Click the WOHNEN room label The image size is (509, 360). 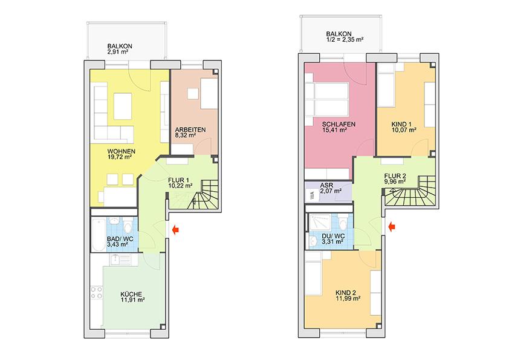click(x=122, y=151)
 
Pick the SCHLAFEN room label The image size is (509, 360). click(x=338, y=125)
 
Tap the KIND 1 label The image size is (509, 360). click(x=401, y=125)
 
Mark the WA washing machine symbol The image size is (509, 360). click(x=311, y=195)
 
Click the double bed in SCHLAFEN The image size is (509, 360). click(x=329, y=97)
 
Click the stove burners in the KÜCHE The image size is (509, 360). click(x=97, y=293)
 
